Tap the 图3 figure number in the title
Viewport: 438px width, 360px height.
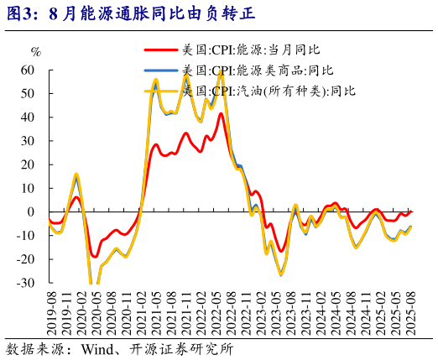point(21,14)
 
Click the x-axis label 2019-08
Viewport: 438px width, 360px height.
point(51,310)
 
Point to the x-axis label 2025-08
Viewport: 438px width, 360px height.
point(411,310)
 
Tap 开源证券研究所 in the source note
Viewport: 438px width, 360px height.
point(179,347)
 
